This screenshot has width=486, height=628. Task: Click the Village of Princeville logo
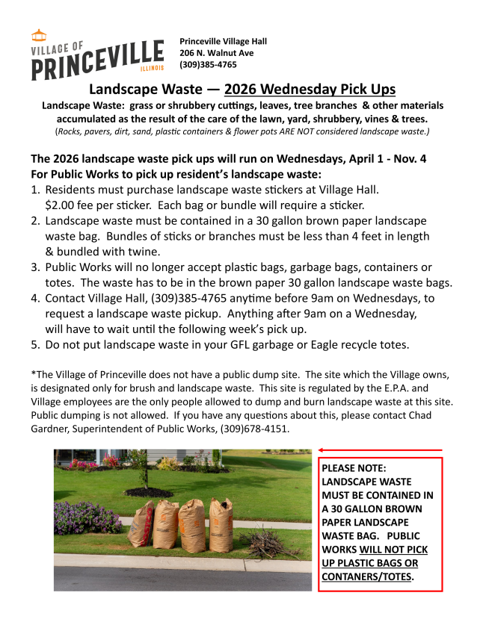tap(97, 55)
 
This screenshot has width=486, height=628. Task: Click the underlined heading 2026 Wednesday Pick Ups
tap(310, 90)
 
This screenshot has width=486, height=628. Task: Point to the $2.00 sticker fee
tap(61, 205)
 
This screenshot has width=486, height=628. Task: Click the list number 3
tap(35, 267)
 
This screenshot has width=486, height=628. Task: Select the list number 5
tap(35, 345)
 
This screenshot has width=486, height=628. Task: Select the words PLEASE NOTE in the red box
tap(354, 468)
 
